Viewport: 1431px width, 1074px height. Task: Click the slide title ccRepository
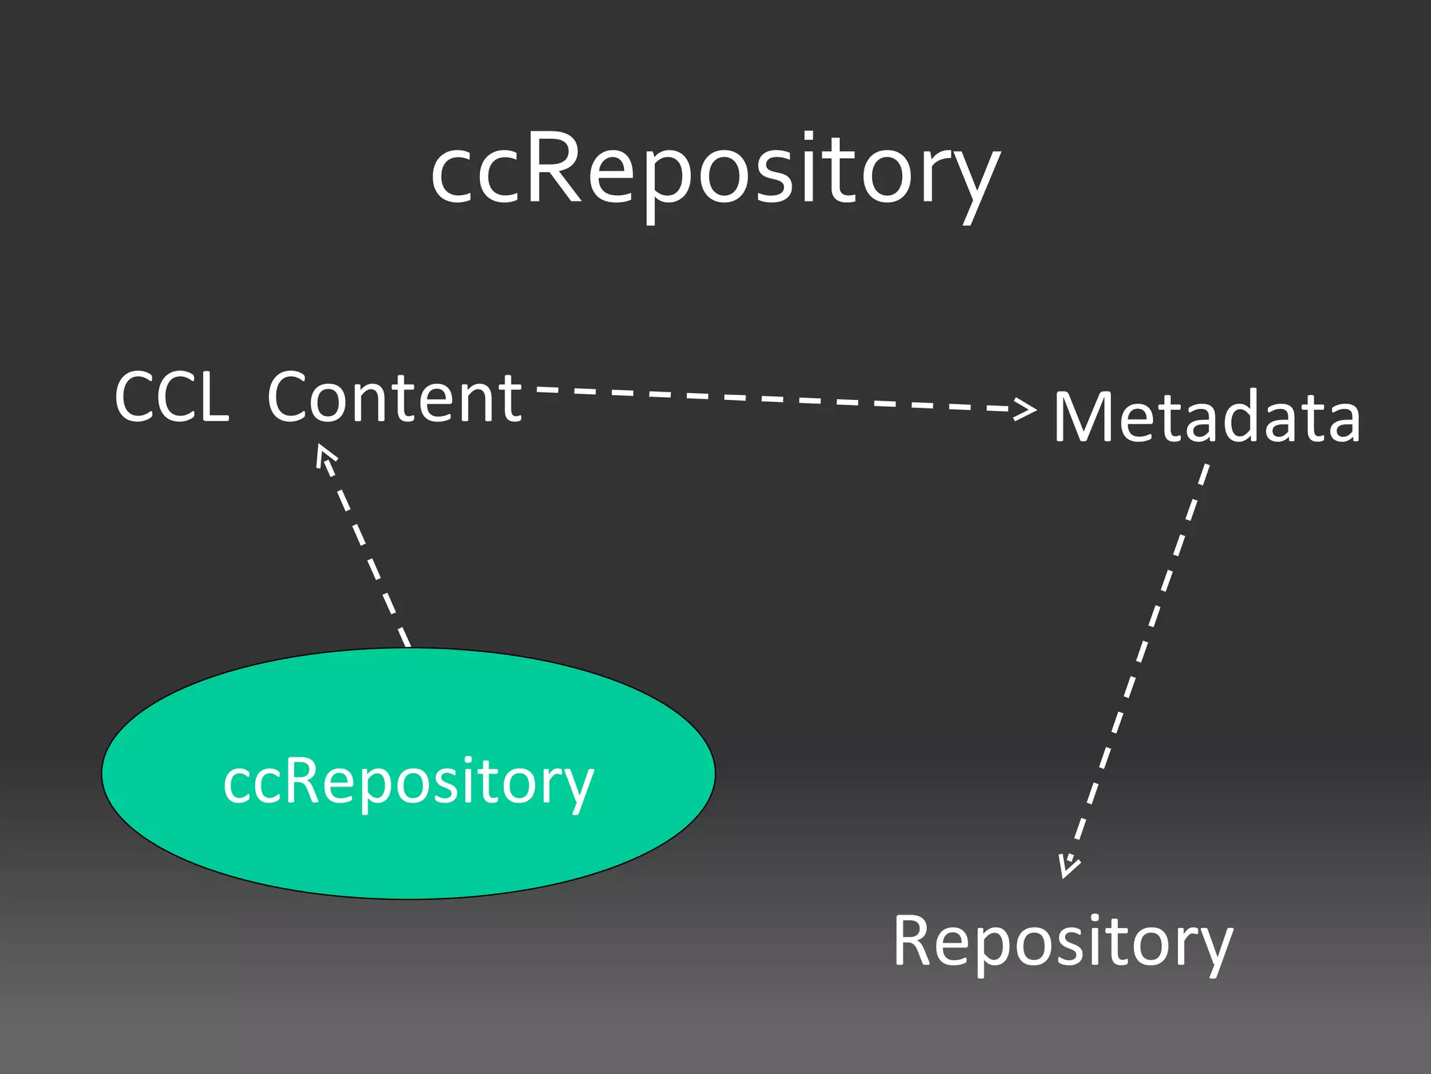point(715,171)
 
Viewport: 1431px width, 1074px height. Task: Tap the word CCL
point(172,397)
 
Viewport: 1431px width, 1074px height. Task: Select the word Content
point(395,397)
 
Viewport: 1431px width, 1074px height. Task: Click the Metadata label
point(1207,417)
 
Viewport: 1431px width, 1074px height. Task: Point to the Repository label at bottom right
point(1063,941)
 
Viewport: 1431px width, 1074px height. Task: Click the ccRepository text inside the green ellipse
point(409,781)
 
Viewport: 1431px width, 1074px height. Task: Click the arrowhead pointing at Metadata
point(1026,409)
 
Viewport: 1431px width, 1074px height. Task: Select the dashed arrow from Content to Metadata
point(776,399)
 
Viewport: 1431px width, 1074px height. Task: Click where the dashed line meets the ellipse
point(409,647)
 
